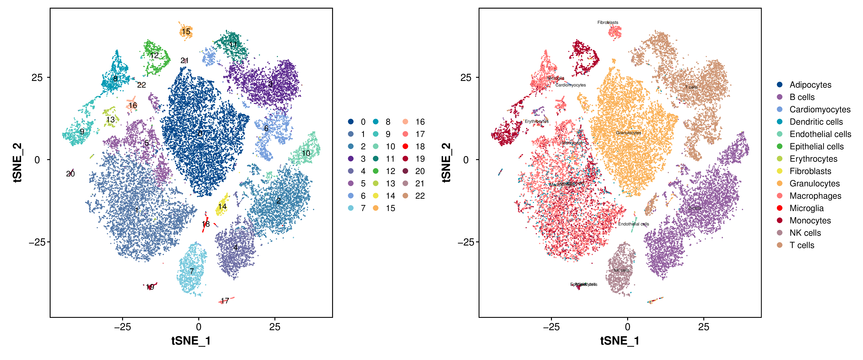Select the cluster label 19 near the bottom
click(x=150, y=287)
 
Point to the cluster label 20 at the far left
click(x=70, y=174)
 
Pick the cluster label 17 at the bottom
click(x=225, y=301)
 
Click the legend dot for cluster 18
click(x=405, y=146)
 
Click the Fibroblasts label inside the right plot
click(x=608, y=22)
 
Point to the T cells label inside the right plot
click(x=691, y=87)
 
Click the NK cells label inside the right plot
click(x=621, y=270)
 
